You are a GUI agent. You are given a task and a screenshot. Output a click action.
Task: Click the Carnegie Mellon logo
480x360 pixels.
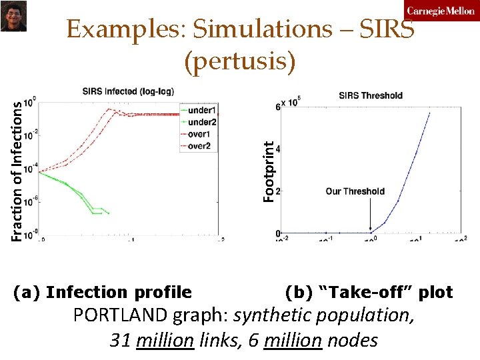441,11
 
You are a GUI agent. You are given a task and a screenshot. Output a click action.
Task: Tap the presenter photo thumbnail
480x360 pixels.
13,15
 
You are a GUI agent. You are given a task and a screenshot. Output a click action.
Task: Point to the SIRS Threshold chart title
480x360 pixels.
371,95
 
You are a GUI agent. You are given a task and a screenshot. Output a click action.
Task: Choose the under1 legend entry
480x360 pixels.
203,109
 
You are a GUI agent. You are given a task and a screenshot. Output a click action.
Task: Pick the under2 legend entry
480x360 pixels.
203,121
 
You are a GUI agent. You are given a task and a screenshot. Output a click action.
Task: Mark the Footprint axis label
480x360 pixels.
268,172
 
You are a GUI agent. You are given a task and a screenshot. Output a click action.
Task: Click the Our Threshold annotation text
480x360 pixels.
355,191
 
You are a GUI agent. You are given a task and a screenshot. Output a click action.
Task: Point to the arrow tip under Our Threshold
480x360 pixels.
371,231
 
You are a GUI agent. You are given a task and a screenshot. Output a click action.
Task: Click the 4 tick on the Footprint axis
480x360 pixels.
278,149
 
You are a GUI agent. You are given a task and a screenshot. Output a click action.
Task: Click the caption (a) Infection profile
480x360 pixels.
103,292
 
